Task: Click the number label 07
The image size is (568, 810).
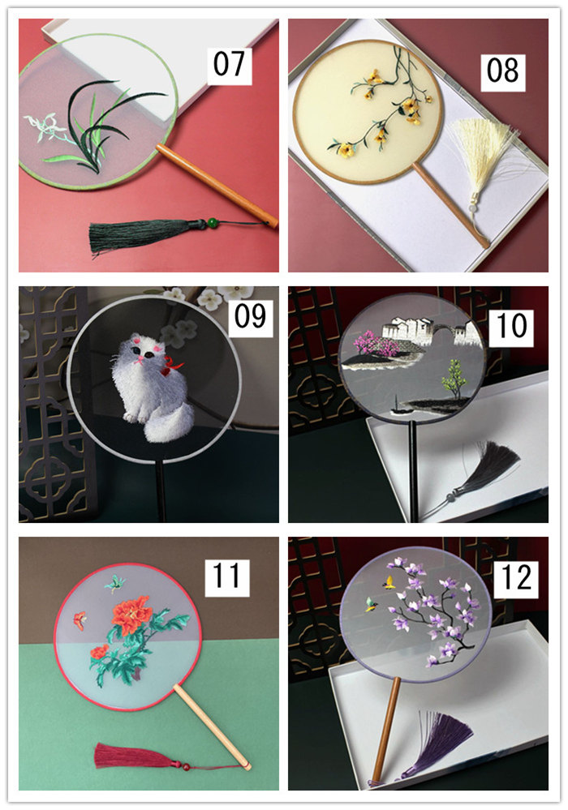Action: pyautogui.click(x=229, y=65)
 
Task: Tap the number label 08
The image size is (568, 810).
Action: pyautogui.click(x=502, y=71)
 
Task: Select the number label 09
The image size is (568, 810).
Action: pyautogui.click(x=251, y=316)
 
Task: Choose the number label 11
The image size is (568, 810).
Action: pyautogui.click(x=226, y=576)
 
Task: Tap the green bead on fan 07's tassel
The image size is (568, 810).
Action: pyautogui.click(x=212, y=223)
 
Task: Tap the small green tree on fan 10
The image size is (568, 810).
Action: pyautogui.click(x=454, y=379)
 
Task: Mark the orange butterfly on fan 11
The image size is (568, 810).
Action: pyautogui.click(x=79, y=620)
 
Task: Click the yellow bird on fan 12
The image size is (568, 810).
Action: pyautogui.click(x=389, y=583)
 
